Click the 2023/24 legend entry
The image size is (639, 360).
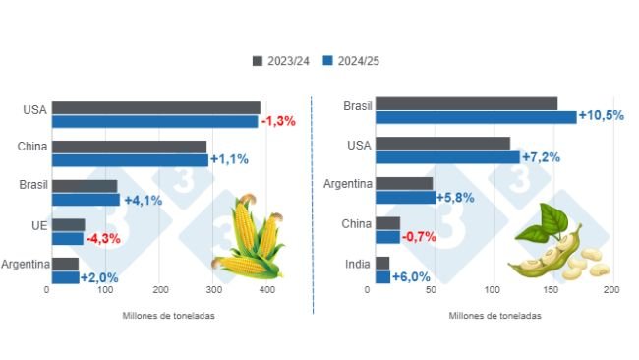point(282,61)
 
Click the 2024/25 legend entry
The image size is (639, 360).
point(351,61)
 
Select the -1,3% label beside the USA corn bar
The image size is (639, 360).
point(278,121)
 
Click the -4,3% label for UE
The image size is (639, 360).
point(103,238)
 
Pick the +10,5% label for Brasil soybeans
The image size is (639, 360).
point(602,116)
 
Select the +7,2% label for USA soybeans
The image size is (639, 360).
point(542,157)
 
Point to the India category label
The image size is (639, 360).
point(356,264)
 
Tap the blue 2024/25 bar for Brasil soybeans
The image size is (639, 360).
point(476,117)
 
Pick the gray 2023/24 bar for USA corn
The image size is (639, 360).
point(156,108)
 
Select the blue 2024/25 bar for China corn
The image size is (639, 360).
point(130,159)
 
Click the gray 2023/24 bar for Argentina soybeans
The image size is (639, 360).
point(404,183)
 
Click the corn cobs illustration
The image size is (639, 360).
point(247,239)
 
